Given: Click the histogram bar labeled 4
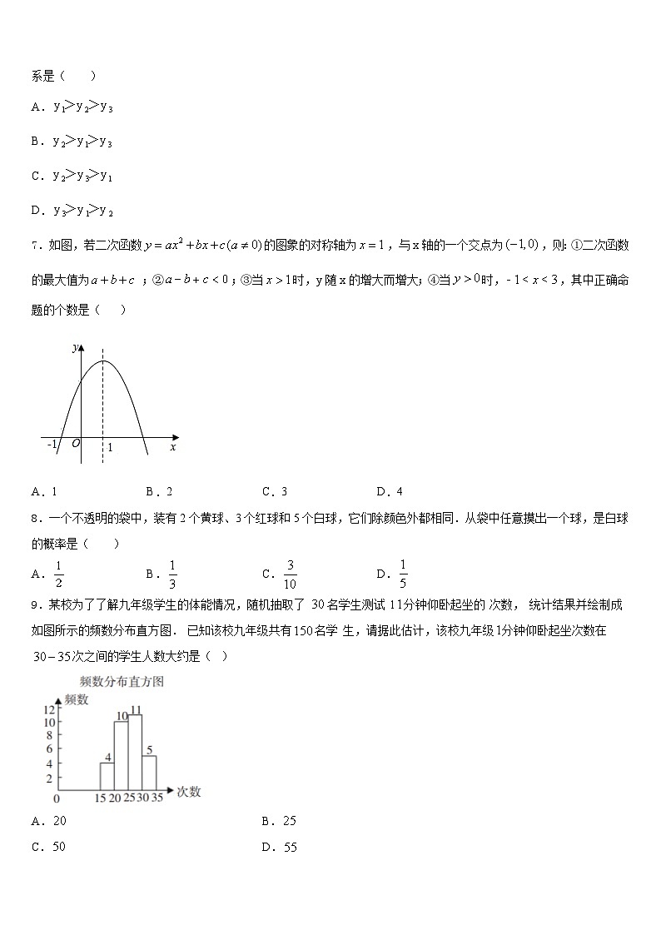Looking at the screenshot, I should [x=107, y=776].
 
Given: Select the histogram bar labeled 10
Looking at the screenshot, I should [x=121, y=755].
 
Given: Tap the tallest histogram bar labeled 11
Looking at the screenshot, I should [x=135, y=752].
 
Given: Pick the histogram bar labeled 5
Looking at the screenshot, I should [x=149, y=773].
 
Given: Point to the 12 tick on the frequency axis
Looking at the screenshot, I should [x=49, y=709].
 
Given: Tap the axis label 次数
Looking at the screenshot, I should [x=189, y=792].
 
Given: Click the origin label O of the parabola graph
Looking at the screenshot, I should [x=76, y=445].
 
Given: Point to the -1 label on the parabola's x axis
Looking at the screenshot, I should [x=52, y=445].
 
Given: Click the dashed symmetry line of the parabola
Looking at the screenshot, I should [x=103, y=400].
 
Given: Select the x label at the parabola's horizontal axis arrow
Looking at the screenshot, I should [x=172, y=447].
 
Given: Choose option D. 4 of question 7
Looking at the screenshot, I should [x=389, y=491].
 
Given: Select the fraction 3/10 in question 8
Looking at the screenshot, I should [x=291, y=574].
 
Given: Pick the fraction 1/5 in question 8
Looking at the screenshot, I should [x=403, y=574].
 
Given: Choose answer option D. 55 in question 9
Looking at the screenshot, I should [x=279, y=848].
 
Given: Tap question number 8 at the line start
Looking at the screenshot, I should [x=36, y=519].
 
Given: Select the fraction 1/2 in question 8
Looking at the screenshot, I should [x=58, y=574].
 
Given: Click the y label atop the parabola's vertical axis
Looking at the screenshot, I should [x=75, y=346].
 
